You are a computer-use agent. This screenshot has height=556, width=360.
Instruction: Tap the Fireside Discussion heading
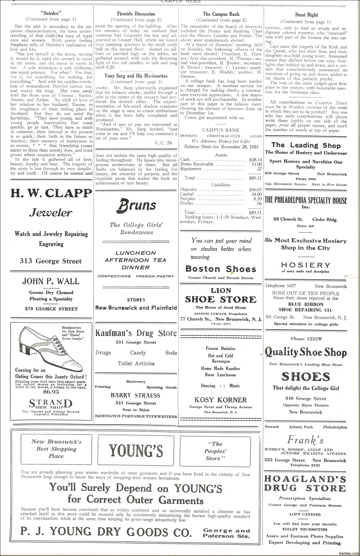coord(136,14)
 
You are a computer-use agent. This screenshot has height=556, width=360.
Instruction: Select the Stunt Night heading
coord(306,15)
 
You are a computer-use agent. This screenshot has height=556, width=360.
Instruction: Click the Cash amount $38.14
coord(255,160)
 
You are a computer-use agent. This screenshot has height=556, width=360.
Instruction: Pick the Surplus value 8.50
coord(257,199)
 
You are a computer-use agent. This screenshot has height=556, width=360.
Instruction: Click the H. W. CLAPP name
coord(51,193)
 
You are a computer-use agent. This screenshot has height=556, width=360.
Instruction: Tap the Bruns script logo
coord(136,205)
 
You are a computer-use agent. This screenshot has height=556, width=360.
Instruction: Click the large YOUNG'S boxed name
coord(136,450)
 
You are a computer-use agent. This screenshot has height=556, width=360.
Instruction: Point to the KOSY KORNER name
coord(221,400)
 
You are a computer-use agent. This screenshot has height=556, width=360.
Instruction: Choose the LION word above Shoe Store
coord(221,290)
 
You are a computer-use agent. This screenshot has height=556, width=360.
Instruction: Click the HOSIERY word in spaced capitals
coord(306,265)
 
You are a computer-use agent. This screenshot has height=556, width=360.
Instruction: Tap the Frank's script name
coord(305,439)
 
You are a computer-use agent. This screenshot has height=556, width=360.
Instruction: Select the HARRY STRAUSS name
coord(136,395)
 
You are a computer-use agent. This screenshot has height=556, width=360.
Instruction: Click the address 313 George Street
coord(51,261)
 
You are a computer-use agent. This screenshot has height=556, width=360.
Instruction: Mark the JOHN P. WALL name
coord(51,281)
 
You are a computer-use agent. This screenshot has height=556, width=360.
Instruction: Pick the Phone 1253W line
coord(306,339)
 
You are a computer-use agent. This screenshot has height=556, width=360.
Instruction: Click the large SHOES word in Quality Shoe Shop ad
coord(306,377)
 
